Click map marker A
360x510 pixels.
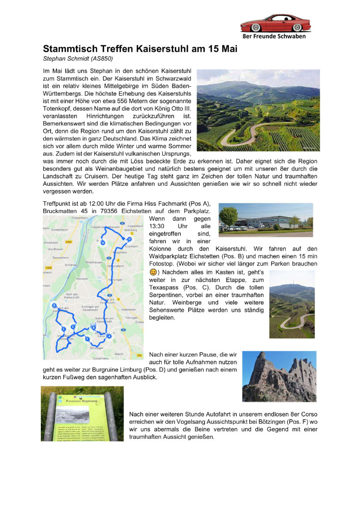tap(109, 336)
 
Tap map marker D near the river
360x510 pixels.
tap(54, 306)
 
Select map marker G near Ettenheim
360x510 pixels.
tap(129, 239)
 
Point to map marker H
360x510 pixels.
tap(103, 243)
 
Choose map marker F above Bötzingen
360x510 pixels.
tap(87, 339)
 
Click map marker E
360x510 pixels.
tap(63, 329)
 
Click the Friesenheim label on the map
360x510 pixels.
tap(80, 218)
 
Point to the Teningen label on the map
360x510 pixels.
tap(131, 317)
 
